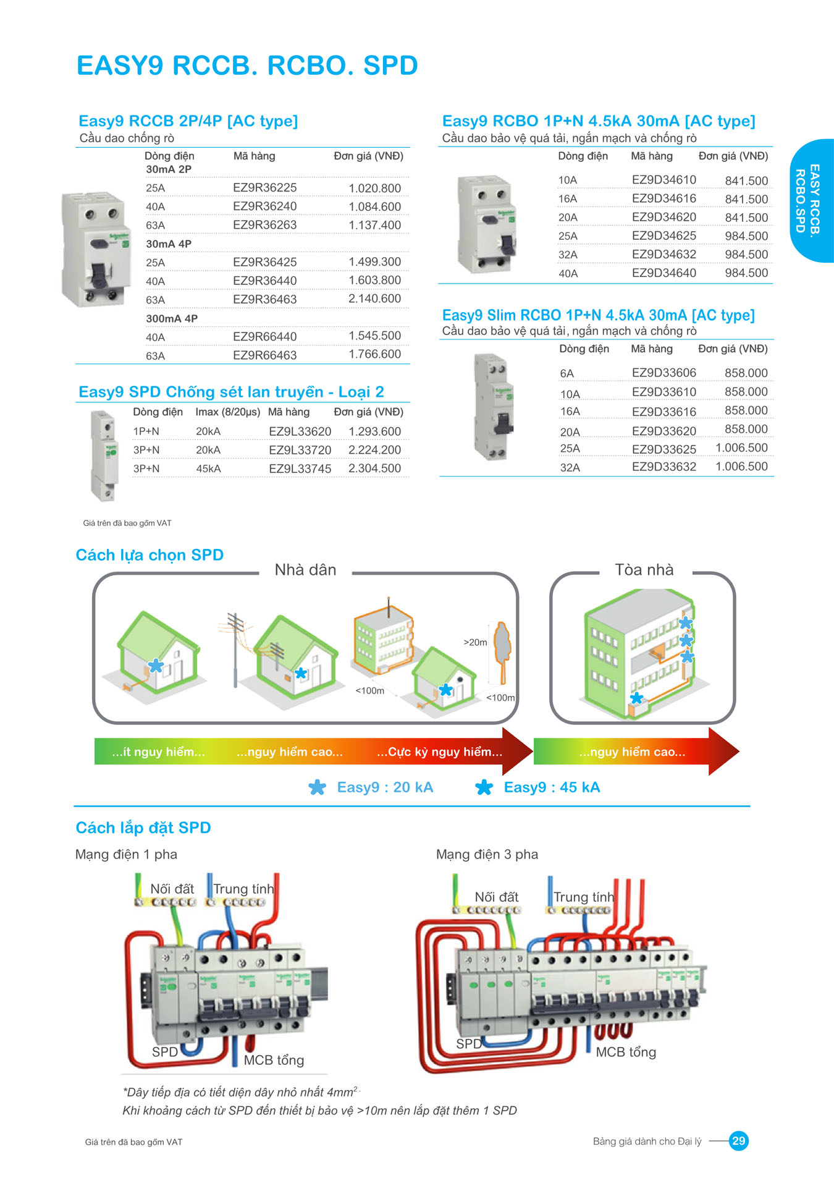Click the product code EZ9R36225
tap(264, 187)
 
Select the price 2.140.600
tap(374, 299)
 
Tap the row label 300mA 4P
tap(172, 318)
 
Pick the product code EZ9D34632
tap(663, 254)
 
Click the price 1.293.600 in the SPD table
tap(374, 431)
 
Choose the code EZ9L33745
tap(300, 468)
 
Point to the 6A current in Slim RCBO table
tap(567, 373)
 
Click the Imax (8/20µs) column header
tap(227, 412)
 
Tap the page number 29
tap(738, 1141)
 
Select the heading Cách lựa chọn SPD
tap(150, 555)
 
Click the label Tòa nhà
tap(644, 570)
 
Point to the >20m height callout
tap(475, 642)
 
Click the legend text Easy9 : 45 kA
tap(552, 787)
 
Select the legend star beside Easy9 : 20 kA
tap(317, 787)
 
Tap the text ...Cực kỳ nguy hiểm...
tap(439, 752)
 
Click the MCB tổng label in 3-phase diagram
tap(626, 1052)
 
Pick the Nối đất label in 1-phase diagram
tap(172, 889)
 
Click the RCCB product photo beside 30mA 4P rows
tap(97, 249)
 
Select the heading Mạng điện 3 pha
tap(487, 854)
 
